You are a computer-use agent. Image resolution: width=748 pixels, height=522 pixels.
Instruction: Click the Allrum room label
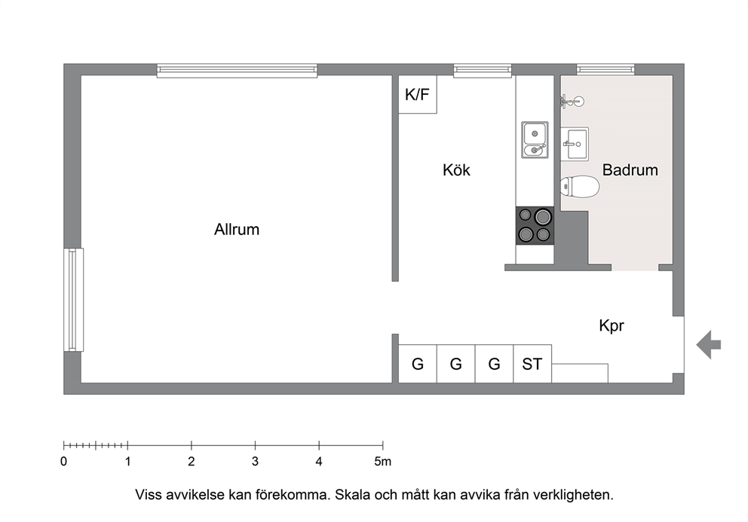click(x=237, y=229)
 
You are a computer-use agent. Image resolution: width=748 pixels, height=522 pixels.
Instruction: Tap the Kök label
click(x=456, y=169)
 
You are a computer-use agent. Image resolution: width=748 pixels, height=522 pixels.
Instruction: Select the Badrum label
click(x=630, y=169)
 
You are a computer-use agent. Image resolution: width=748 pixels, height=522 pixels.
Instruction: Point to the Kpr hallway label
click(x=611, y=326)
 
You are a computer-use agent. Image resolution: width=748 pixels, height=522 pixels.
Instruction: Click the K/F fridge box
click(x=418, y=94)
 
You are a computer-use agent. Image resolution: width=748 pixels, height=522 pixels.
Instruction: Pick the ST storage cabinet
click(x=532, y=364)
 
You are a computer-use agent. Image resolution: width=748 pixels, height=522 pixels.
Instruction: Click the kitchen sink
click(x=535, y=139)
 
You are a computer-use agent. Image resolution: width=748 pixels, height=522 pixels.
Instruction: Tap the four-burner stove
click(x=535, y=225)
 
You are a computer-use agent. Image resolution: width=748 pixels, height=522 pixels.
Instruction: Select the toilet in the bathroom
click(x=580, y=186)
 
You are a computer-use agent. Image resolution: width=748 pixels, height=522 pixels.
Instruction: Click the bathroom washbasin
click(x=575, y=144)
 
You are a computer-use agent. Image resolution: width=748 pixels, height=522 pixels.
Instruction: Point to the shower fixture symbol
click(x=572, y=101)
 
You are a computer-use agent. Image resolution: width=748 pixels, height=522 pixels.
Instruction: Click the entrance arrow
click(x=708, y=345)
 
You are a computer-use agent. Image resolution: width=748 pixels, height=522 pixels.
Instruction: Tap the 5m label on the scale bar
click(x=382, y=462)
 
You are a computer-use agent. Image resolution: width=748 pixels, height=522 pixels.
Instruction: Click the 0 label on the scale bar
click(x=64, y=462)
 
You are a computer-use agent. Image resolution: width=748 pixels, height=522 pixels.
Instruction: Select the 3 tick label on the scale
click(x=255, y=462)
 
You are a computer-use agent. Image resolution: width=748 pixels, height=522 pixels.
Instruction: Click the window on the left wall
click(x=73, y=300)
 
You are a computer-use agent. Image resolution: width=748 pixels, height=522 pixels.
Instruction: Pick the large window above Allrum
click(x=237, y=71)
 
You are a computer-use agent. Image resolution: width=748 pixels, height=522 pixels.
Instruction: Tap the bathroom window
click(x=605, y=69)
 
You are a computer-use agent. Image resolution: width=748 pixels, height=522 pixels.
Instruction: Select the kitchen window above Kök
click(x=483, y=71)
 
